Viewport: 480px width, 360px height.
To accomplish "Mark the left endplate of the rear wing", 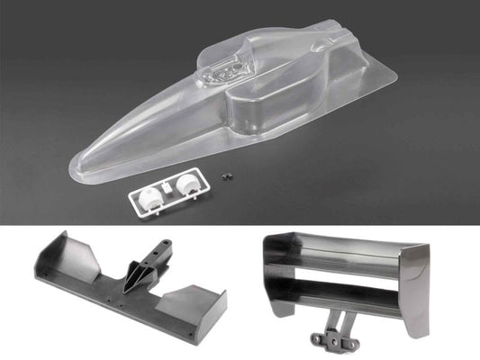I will [268, 270].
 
